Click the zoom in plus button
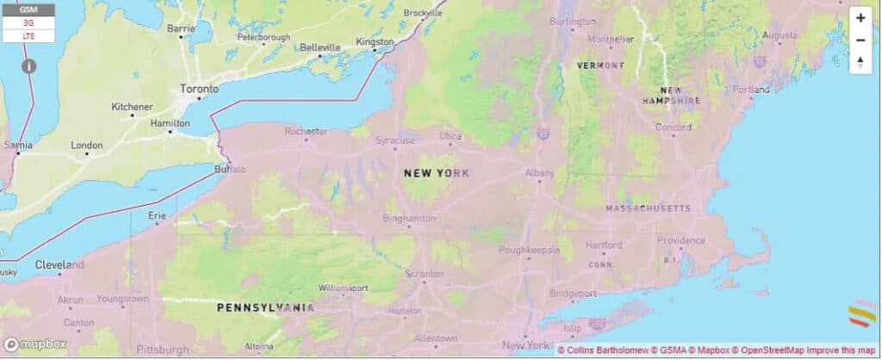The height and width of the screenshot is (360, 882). (860, 18)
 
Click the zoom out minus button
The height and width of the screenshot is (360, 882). (860, 40)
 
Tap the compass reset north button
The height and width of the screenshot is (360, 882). (860, 62)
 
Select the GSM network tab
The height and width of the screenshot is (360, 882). (28, 9)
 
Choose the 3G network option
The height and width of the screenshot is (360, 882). (28, 23)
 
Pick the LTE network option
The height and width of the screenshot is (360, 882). (28, 36)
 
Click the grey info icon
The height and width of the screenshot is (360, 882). (28, 65)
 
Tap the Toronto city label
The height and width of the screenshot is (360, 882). (199, 89)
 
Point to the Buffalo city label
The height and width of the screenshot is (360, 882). (229, 169)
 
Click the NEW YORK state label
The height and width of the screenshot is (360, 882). (437, 173)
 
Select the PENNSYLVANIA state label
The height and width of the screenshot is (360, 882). (265, 307)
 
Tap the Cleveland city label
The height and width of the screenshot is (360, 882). (59, 264)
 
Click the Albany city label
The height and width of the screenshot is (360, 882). (540, 173)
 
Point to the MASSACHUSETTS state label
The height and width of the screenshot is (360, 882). (648, 208)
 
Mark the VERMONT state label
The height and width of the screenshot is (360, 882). (601, 65)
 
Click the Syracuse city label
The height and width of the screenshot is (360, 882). (395, 140)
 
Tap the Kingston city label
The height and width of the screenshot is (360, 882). (375, 41)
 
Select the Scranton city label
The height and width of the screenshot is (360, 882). (424, 273)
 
